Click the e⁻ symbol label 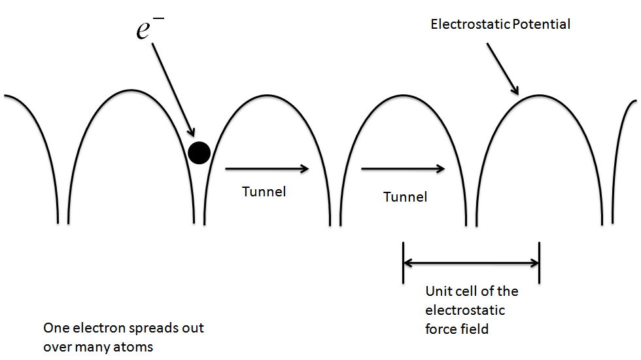(x=150, y=27)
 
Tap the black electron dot (x=199, y=153)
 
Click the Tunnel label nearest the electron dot (x=264, y=192)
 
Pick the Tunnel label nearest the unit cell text (x=405, y=196)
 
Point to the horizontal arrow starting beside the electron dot (x=266, y=169)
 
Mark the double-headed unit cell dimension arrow (x=471, y=263)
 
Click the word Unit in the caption (x=438, y=291)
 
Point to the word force (x=441, y=329)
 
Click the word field (x=474, y=329)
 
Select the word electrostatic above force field (x=465, y=310)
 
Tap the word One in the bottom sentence (x=56, y=328)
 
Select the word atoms (x=133, y=347)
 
